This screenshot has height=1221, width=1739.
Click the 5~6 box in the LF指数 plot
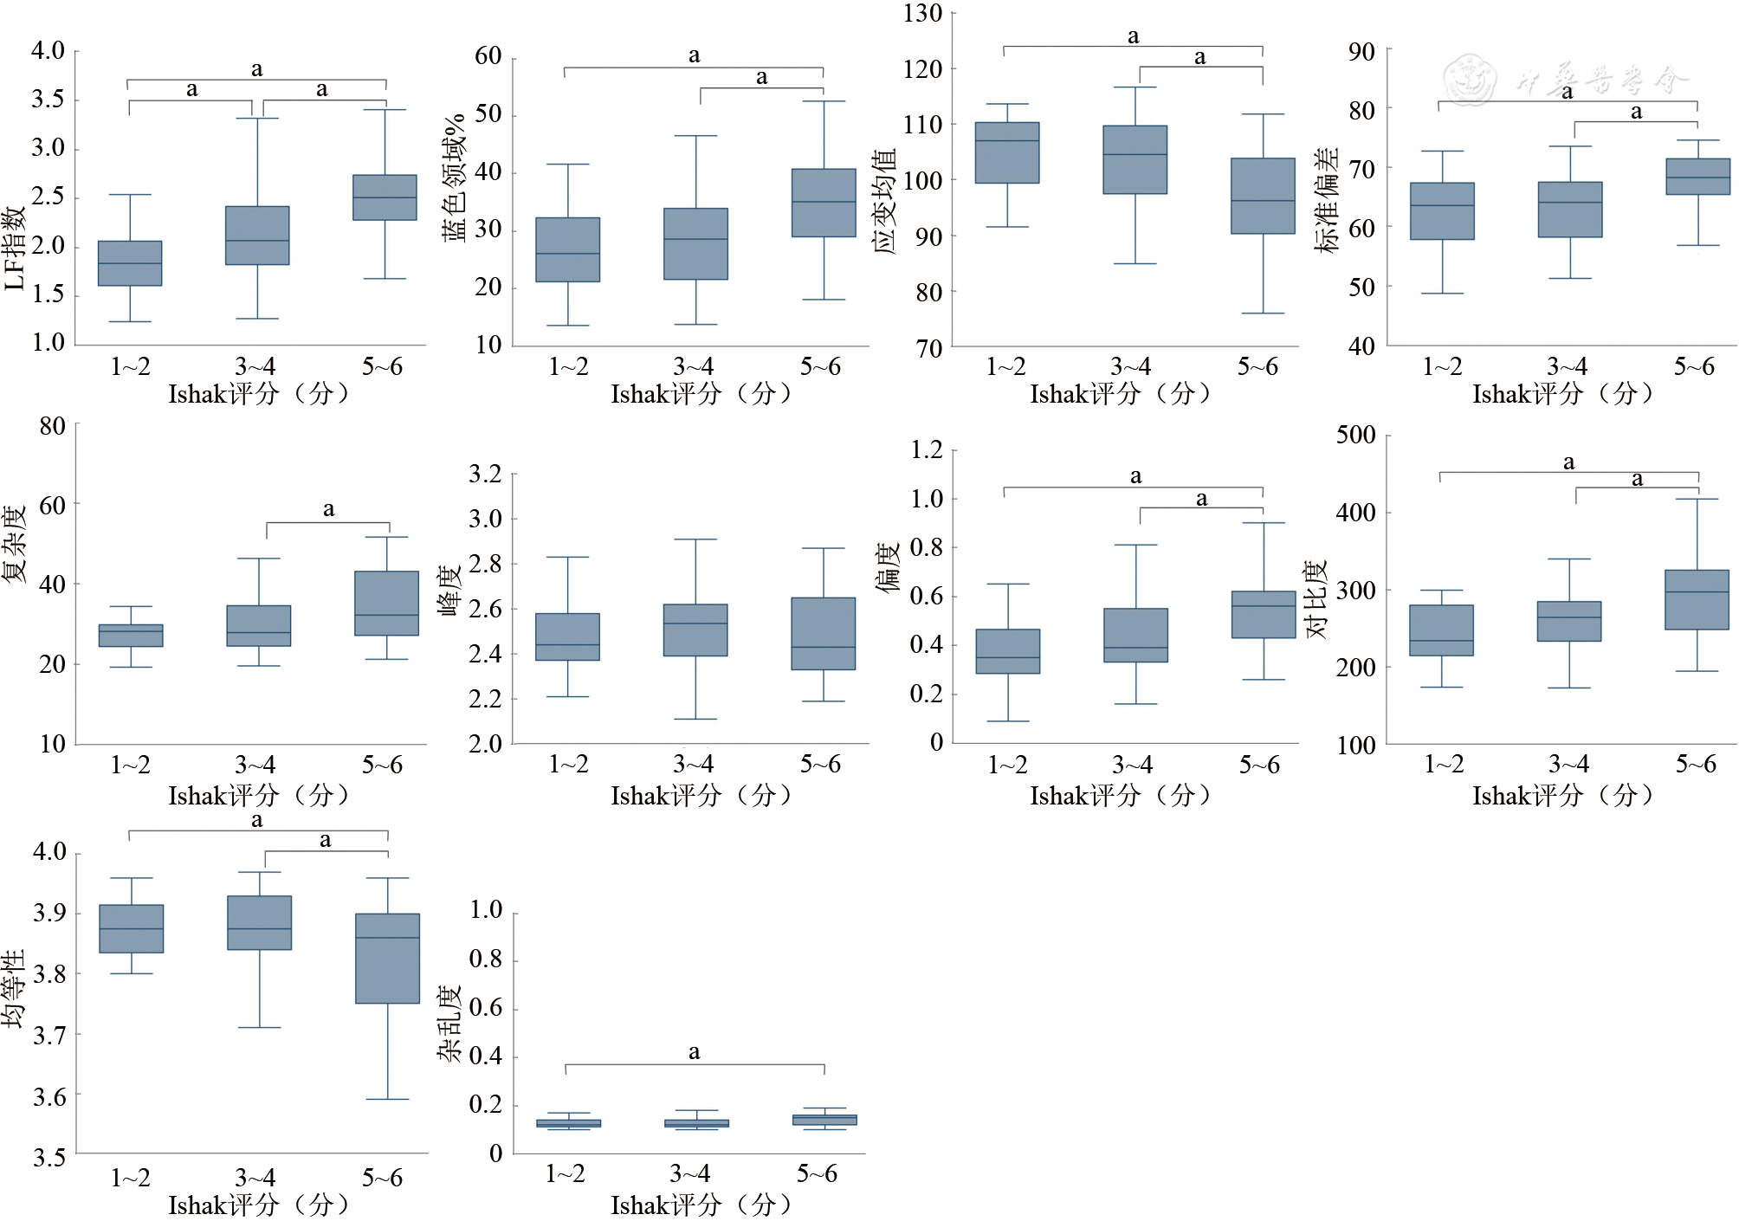coord(385,197)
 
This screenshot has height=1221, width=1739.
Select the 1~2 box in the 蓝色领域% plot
coord(567,249)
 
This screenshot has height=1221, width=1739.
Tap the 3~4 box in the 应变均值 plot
coord(1135,159)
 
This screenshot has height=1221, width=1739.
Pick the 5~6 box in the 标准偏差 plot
coord(1697,177)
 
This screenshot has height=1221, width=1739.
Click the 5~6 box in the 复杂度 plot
coord(386,604)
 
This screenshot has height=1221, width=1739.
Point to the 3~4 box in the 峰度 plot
coord(695,630)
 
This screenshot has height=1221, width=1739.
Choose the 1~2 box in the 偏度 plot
coord(1007,651)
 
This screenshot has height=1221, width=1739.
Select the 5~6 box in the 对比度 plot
coord(1697,599)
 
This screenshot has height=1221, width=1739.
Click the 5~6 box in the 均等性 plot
coord(387,959)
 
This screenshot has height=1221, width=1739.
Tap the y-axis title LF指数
coord(15,248)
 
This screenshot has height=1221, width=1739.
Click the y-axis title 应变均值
coord(884,201)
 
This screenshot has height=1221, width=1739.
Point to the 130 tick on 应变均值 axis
coord(922,14)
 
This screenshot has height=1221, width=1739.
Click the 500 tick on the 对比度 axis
coord(1355,435)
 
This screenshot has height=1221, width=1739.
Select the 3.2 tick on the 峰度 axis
coord(485,474)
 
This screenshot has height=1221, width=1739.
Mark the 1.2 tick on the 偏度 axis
coord(926,449)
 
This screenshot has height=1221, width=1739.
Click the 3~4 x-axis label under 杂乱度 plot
coord(689,1173)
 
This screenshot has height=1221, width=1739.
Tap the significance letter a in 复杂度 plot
coord(328,509)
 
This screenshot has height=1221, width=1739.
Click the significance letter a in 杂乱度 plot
coord(694,1052)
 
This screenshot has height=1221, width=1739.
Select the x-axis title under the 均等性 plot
coord(258,1205)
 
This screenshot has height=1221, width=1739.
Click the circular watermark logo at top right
coord(1469,80)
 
